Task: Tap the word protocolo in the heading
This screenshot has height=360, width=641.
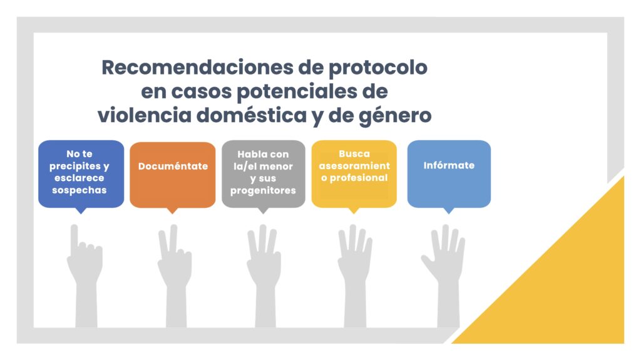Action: [x=378, y=68]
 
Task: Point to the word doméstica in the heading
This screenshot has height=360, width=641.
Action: [x=252, y=115]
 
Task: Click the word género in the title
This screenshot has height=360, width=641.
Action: [x=395, y=116]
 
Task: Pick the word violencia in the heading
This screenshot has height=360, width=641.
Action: [x=145, y=115]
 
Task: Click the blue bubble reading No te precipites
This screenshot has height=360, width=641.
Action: [x=81, y=174]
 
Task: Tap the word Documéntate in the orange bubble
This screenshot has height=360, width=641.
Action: [x=173, y=166]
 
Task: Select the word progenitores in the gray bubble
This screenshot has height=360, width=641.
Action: [x=263, y=190]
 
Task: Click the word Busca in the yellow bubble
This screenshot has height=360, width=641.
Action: [x=354, y=154]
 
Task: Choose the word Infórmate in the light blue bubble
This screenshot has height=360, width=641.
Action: [x=449, y=165]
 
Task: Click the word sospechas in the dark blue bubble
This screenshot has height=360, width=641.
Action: [x=79, y=190]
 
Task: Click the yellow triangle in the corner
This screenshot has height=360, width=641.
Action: [x=572, y=294]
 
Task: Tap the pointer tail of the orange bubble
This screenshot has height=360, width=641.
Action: [x=173, y=210]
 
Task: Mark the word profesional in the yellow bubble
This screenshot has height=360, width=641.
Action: [x=359, y=178]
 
